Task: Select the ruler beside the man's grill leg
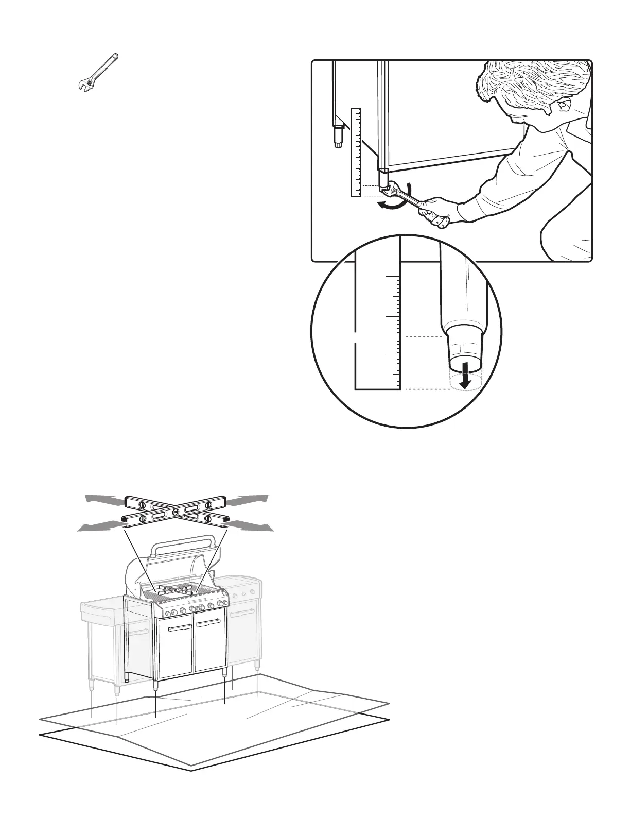(x=356, y=152)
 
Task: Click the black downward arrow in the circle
(x=465, y=374)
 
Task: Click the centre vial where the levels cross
(x=176, y=512)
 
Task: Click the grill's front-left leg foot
(x=156, y=687)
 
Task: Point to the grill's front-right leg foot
(x=225, y=675)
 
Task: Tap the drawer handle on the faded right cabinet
(x=242, y=613)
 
